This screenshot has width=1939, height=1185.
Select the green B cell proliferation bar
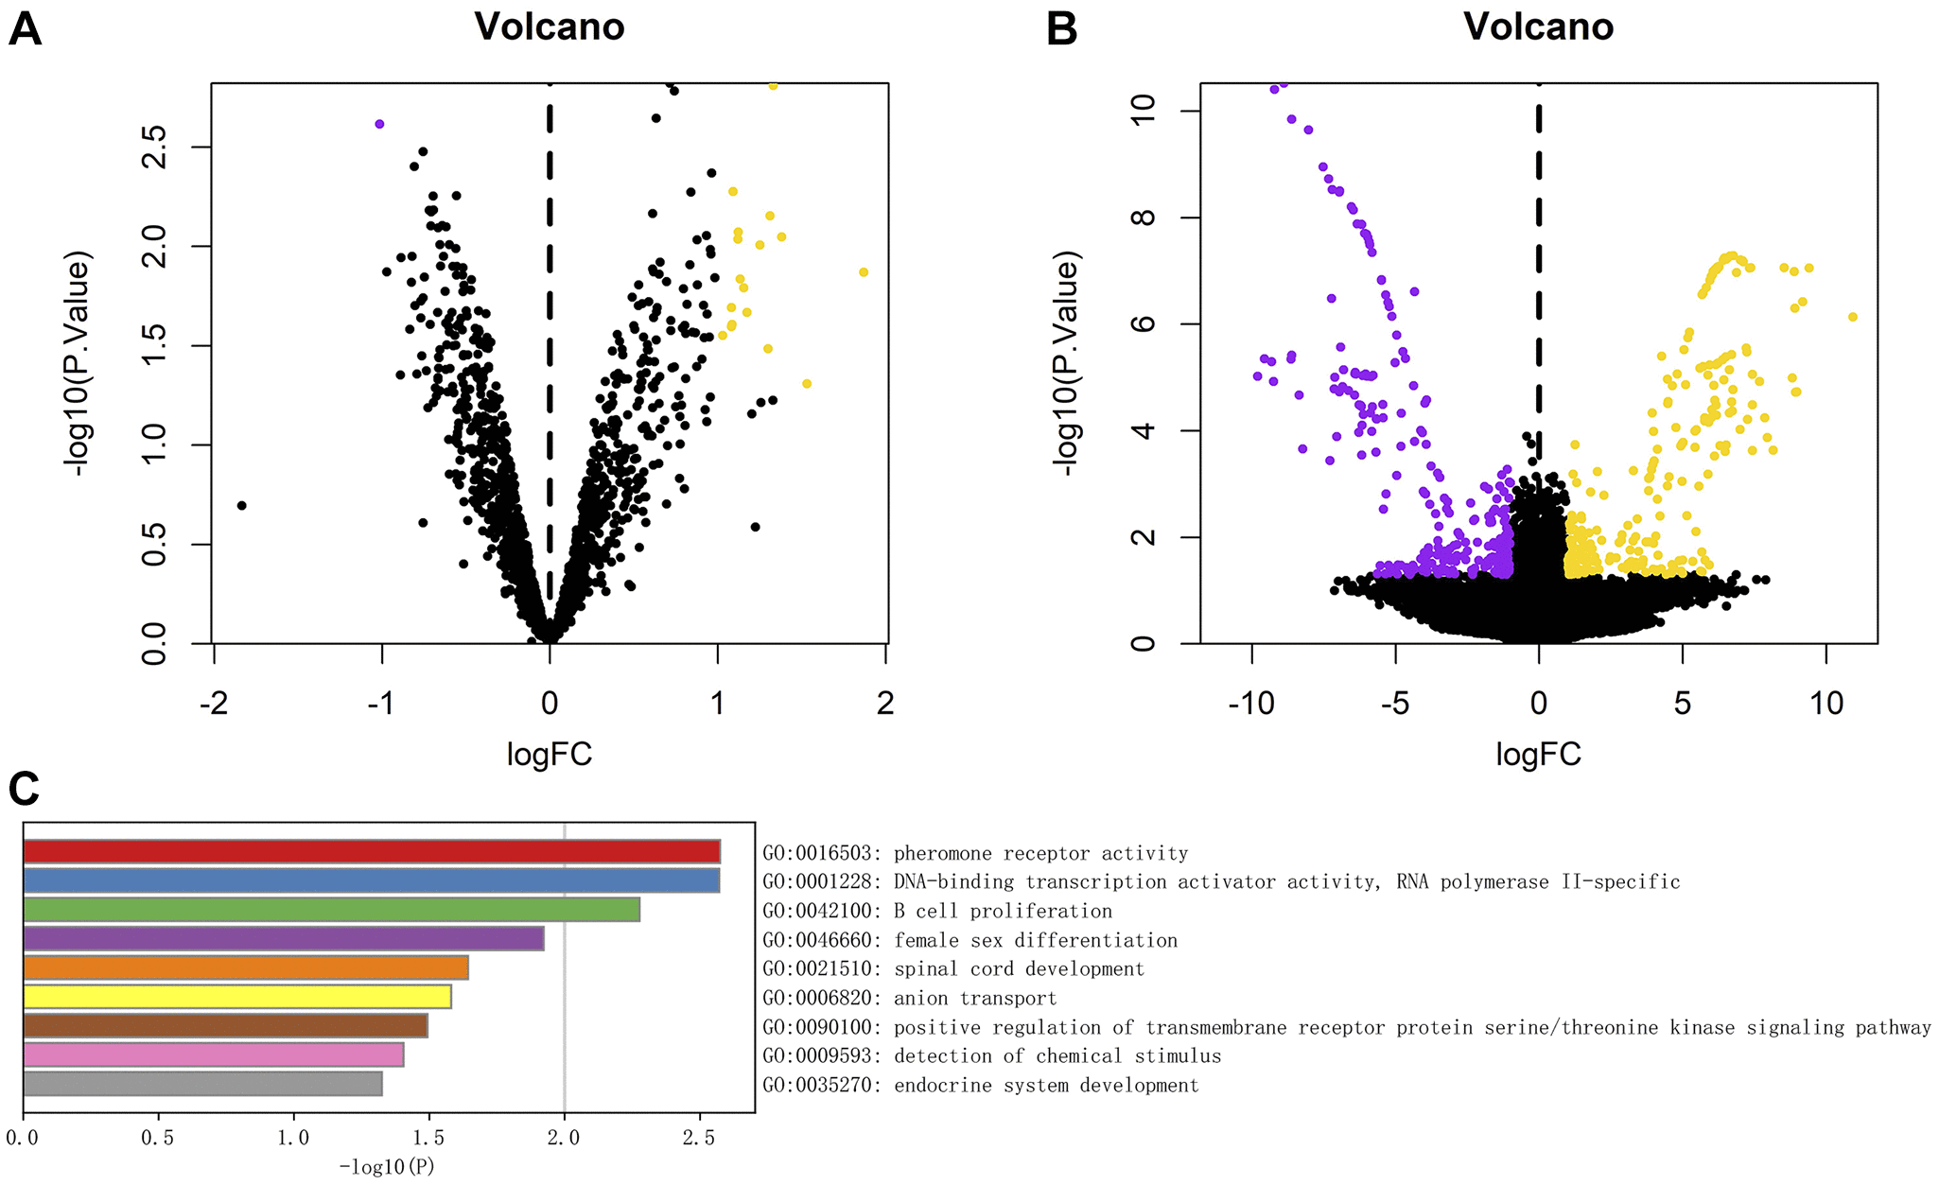pyautogui.click(x=331, y=910)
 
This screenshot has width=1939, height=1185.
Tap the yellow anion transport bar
pyautogui.click(x=236, y=997)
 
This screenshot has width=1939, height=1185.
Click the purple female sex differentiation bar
pyautogui.click(x=283, y=939)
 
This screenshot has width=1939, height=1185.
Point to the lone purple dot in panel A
pyautogui.click(x=379, y=124)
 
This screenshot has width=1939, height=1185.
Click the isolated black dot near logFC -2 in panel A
pyautogui.click(x=241, y=506)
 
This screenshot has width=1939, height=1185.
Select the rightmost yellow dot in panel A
pyautogui.click(x=864, y=272)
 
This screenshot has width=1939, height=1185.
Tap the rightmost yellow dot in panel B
pyautogui.click(x=1853, y=317)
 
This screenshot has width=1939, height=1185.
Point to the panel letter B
pyautogui.click(x=1062, y=29)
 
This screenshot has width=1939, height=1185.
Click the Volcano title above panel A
pyautogui.click(x=550, y=26)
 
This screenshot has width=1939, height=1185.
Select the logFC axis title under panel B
pyautogui.click(x=1539, y=754)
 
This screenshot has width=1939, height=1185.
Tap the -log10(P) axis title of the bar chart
pyautogui.click(x=387, y=1167)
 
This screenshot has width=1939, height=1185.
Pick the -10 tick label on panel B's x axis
pyautogui.click(x=1250, y=704)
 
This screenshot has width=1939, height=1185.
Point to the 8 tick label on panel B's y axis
pyautogui.click(x=1144, y=218)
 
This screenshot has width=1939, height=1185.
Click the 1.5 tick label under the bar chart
pyautogui.click(x=428, y=1138)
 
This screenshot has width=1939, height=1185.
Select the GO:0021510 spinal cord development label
pyautogui.click(x=953, y=969)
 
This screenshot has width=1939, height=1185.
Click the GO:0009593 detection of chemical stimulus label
pyautogui.click(x=992, y=1056)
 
